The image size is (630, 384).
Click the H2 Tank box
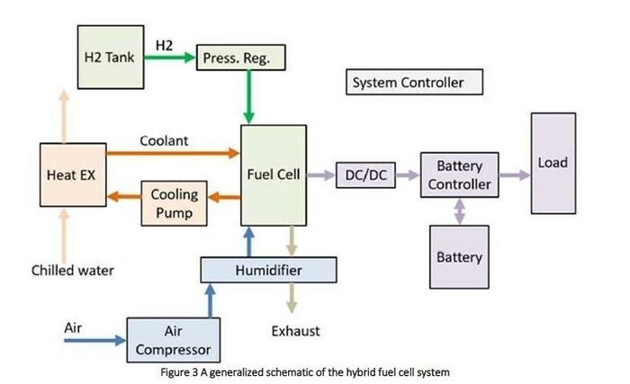pyautogui.click(x=111, y=57)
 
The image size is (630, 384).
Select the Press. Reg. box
pyautogui.click(x=240, y=58)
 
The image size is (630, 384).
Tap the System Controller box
pyautogui.click(x=414, y=82)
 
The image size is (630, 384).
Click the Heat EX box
pyautogui.click(x=73, y=174)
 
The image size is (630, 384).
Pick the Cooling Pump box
pyautogui.click(x=174, y=203)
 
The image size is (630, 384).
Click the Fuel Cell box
pyautogui.click(x=274, y=175)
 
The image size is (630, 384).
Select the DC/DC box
pyautogui.click(x=365, y=175)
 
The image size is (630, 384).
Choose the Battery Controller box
pyautogui.click(x=460, y=174)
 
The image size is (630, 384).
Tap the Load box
pyautogui.click(x=553, y=163)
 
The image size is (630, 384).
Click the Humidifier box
pyautogui.click(x=268, y=270)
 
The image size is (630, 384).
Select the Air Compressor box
pyautogui.click(x=173, y=340)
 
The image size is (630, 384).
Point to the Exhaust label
pyautogui.click(x=296, y=331)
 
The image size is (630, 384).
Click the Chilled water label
pyautogui.click(x=73, y=271)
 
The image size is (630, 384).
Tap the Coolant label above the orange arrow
pyautogui.click(x=164, y=140)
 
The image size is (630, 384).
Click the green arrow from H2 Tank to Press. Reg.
pyautogui.click(x=170, y=58)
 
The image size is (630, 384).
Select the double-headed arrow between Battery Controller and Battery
pyautogui.click(x=460, y=211)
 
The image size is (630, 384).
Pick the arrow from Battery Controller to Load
pyautogui.click(x=515, y=175)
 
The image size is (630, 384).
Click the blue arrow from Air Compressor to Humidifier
pyautogui.click(x=210, y=300)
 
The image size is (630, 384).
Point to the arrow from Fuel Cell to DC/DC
pyautogui.click(x=321, y=175)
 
